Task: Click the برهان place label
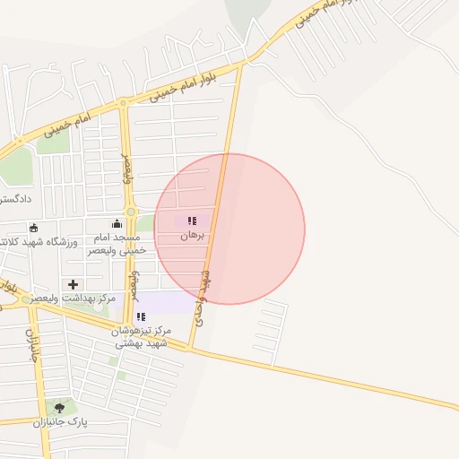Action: pyautogui.click(x=193, y=235)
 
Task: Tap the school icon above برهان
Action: pyautogui.click(x=192, y=221)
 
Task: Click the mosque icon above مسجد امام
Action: pyautogui.click(x=117, y=223)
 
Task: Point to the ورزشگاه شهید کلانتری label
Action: pyautogui.click(x=39, y=242)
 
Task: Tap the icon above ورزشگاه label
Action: pyautogui.click(x=34, y=228)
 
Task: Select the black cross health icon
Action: pyautogui.click(x=74, y=283)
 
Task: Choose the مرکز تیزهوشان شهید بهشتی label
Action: pyautogui.click(x=141, y=337)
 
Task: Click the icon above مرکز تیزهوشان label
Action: pyautogui.click(x=141, y=316)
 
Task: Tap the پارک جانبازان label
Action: pyautogui.click(x=59, y=422)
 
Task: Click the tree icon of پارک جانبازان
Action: pyautogui.click(x=59, y=408)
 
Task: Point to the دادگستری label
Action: pyautogui.click(x=16, y=197)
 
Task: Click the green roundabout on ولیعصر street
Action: pyautogui.click(x=131, y=212)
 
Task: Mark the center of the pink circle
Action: pyautogui.click(x=229, y=229)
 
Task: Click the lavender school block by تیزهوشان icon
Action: pyautogui.click(x=166, y=303)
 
